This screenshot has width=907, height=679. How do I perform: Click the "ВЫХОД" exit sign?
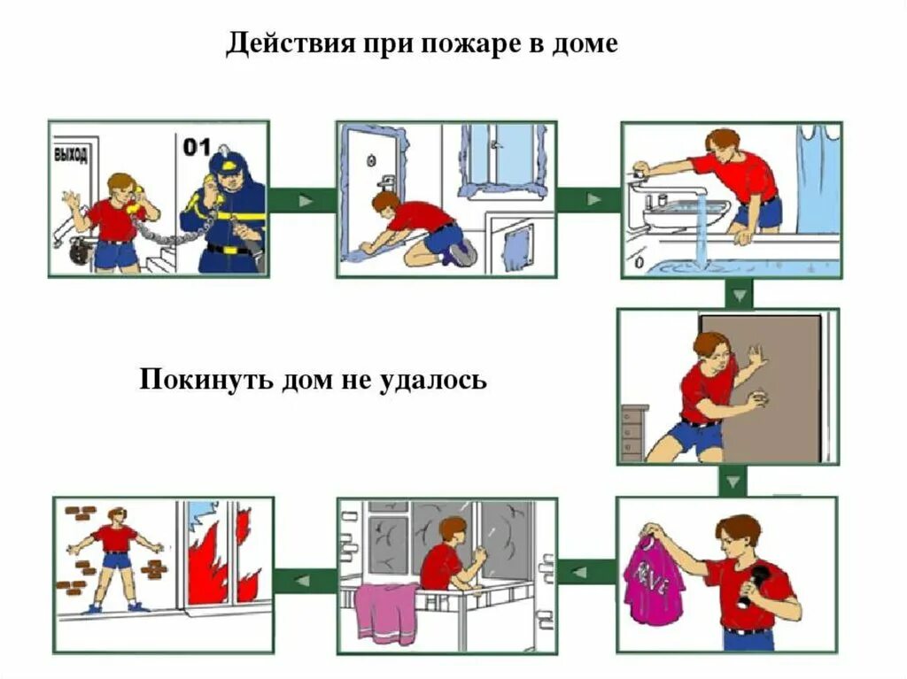point(71,155)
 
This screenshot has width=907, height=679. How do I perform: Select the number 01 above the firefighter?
point(196,146)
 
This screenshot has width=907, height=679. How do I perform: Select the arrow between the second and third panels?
point(589,200)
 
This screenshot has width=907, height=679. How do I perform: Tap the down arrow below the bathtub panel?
point(738,294)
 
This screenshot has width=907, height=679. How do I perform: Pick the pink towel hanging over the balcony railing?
point(386,612)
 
